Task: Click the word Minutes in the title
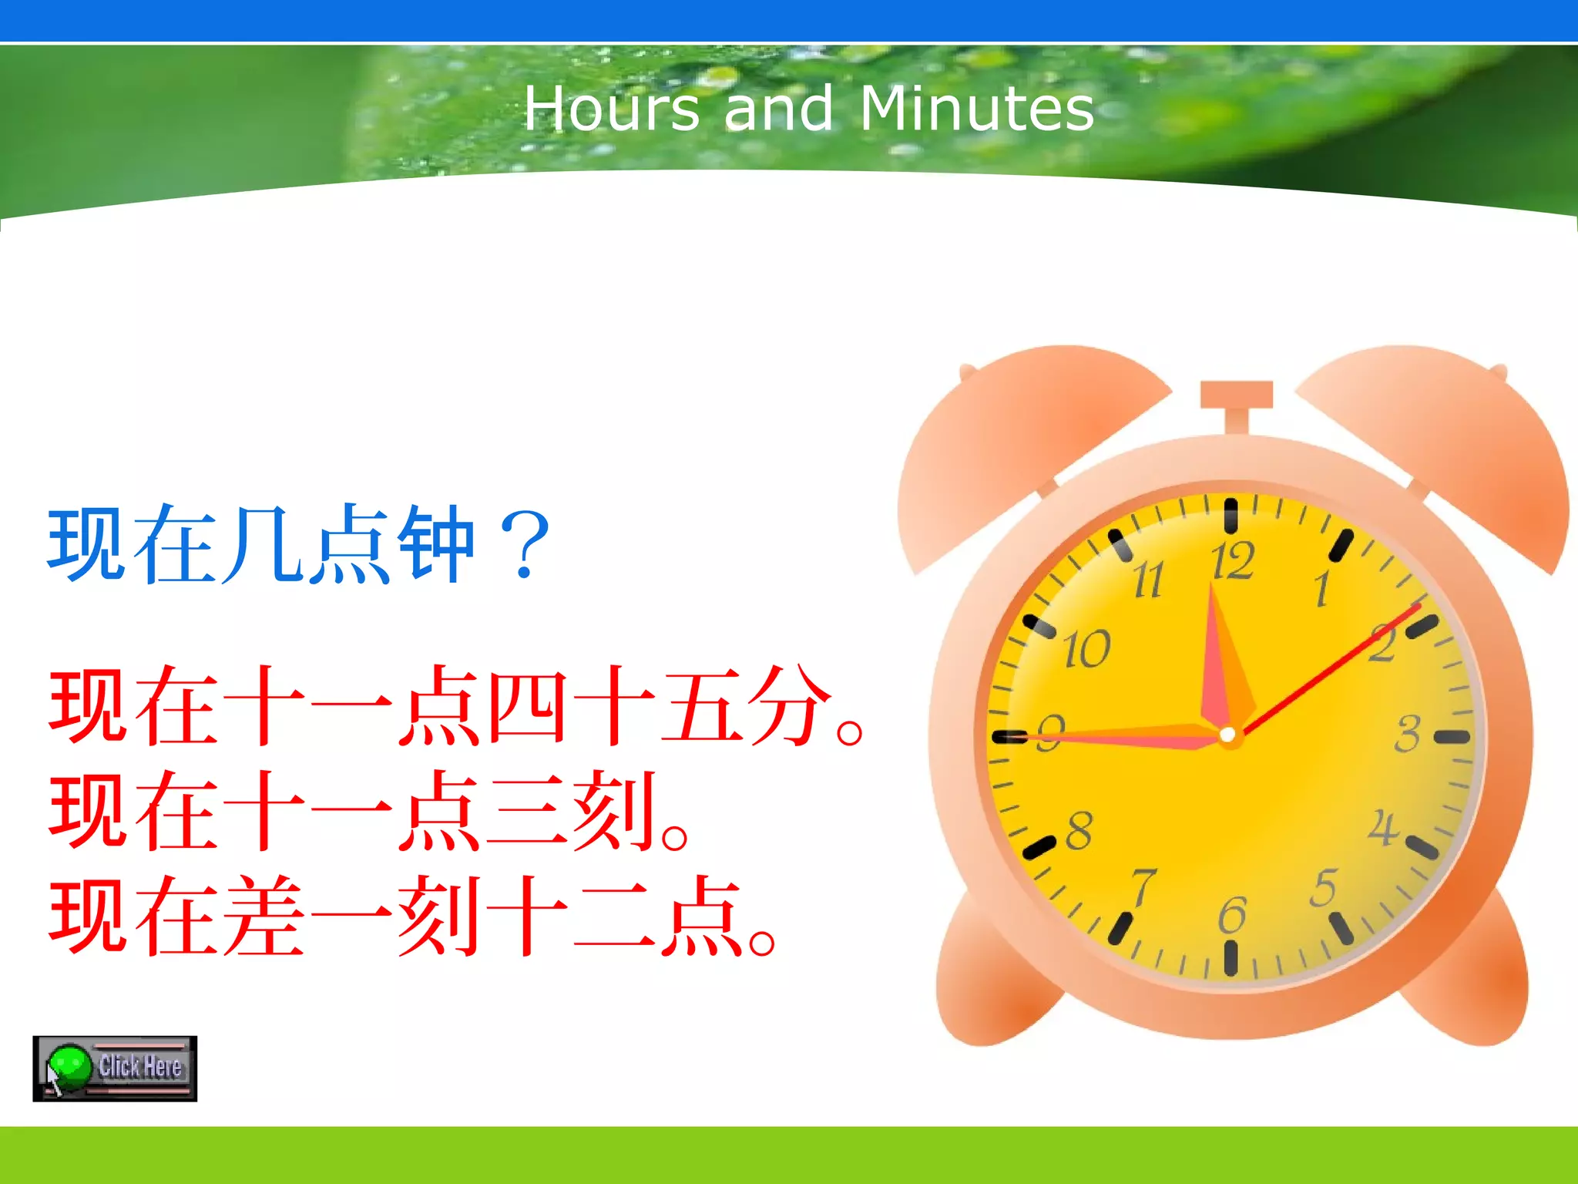976,109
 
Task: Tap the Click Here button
115,1068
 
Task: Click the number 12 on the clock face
1233,560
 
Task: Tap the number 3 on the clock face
1407,733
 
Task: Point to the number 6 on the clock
1231,915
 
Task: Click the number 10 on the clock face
1086,649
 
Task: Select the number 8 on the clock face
1079,830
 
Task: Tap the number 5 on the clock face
1324,888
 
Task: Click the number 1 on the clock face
1322,589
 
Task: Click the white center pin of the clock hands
1227,735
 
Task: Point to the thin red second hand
1333,668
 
